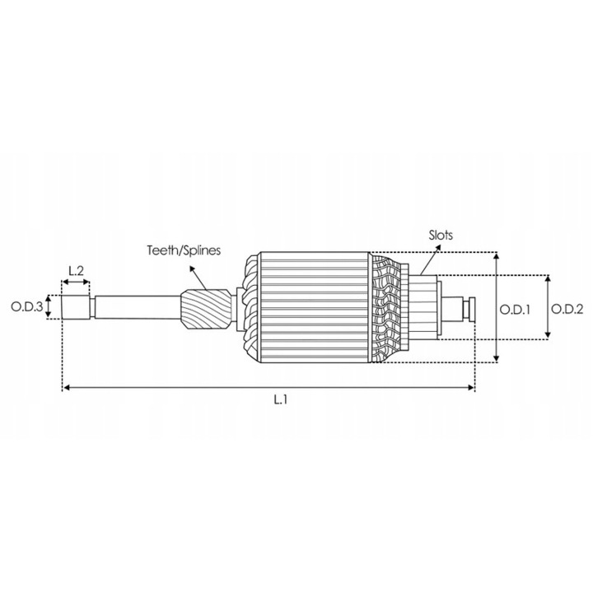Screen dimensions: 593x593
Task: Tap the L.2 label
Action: point(75,270)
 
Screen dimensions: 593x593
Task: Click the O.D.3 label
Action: point(26,308)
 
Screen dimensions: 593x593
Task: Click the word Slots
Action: point(441,235)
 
